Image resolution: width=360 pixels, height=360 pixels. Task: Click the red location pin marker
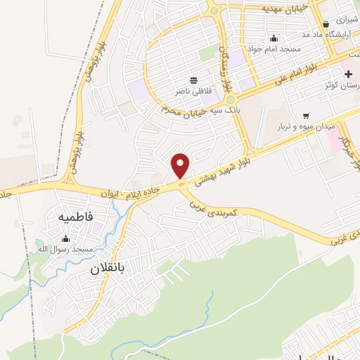(x=181, y=166)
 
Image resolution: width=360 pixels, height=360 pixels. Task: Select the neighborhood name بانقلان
(x=111, y=269)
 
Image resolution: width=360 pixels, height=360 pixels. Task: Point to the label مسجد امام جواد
(x=274, y=49)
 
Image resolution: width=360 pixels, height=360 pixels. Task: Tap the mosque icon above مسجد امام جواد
(x=274, y=38)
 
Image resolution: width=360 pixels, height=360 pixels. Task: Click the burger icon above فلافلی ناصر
(x=193, y=80)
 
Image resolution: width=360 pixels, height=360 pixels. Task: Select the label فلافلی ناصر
(x=193, y=91)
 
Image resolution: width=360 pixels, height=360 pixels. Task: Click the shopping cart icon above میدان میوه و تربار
(x=305, y=115)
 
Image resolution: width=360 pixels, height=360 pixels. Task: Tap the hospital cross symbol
(x=348, y=74)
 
